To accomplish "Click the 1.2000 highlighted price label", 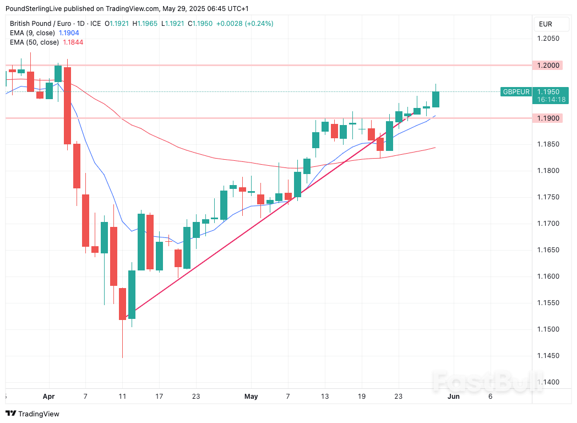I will pyautogui.click(x=548, y=66).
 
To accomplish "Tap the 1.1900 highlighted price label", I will pyautogui.click(x=548, y=118).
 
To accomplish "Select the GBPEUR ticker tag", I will pyautogui.click(x=516, y=92).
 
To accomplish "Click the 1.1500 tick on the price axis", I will pyautogui.click(x=548, y=329).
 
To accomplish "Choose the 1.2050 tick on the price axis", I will pyautogui.click(x=548, y=39).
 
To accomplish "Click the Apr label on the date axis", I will pyautogui.click(x=48, y=396).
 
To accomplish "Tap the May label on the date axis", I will pyautogui.click(x=251, y=396).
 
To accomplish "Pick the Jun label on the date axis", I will pyautogui.click(x=453, y=396).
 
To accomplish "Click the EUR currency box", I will pyautogui.click(x=546, y=24).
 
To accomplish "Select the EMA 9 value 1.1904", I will pyautogui.click(x=69, y=33).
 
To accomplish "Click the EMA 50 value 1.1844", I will pyautogui.click(x=73, y=42).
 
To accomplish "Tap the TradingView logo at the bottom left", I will pyautogui.click(x=32, y=414).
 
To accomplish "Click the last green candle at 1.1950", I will pyautogui.click(x=436, y=99).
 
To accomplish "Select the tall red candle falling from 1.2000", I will pyautogui.click(x=67, y=105).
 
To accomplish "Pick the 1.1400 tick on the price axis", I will pyautogui.click(x=548, y=382).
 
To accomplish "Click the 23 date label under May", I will pyautogui.click(x=399, y=396).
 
